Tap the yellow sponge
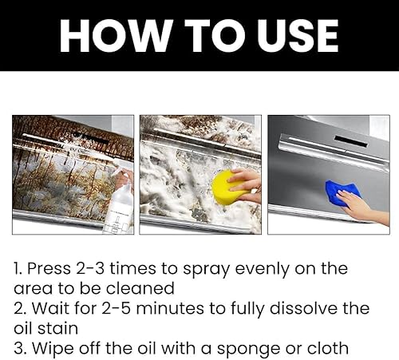pos(229,188)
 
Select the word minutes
pos(169,308)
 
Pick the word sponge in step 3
pos(253,349)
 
